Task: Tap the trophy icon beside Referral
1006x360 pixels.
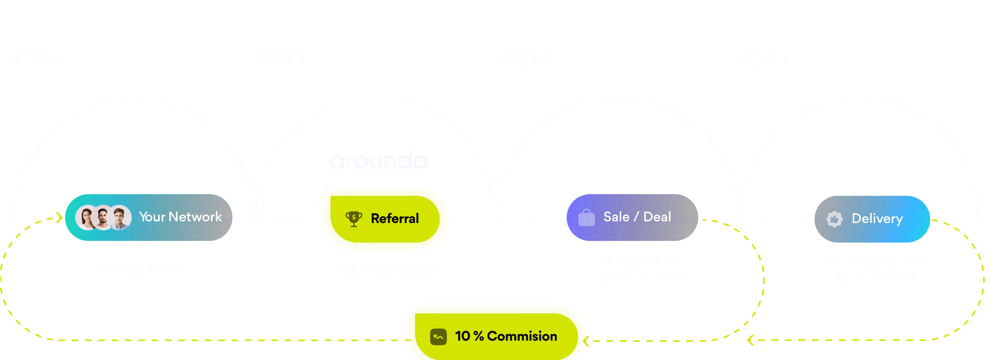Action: (354, 219)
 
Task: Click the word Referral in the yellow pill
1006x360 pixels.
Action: (395, 219)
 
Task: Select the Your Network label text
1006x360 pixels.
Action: (181, 217)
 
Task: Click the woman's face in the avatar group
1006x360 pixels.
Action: (87, 218)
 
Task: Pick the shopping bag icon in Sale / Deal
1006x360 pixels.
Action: (586, 218)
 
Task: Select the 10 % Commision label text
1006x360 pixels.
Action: (506, 336)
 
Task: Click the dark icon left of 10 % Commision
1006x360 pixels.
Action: (438, 337)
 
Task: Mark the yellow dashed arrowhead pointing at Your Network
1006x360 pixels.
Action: (60, 218)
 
